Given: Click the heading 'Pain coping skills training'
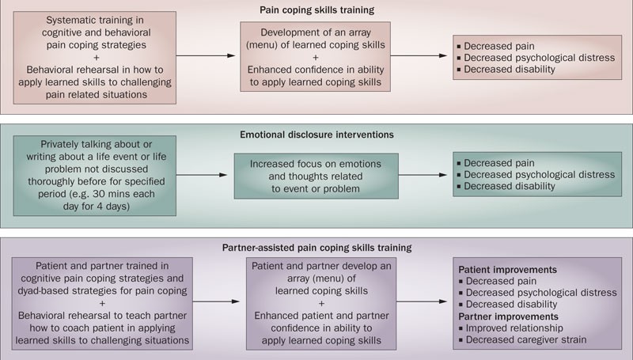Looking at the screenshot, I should [x=316, y=10].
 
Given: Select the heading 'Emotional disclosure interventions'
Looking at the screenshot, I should [x=316, y=135].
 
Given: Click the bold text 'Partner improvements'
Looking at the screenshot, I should [x=510, y=316].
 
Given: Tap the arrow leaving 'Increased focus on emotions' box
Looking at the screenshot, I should [x=425, y=175].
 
